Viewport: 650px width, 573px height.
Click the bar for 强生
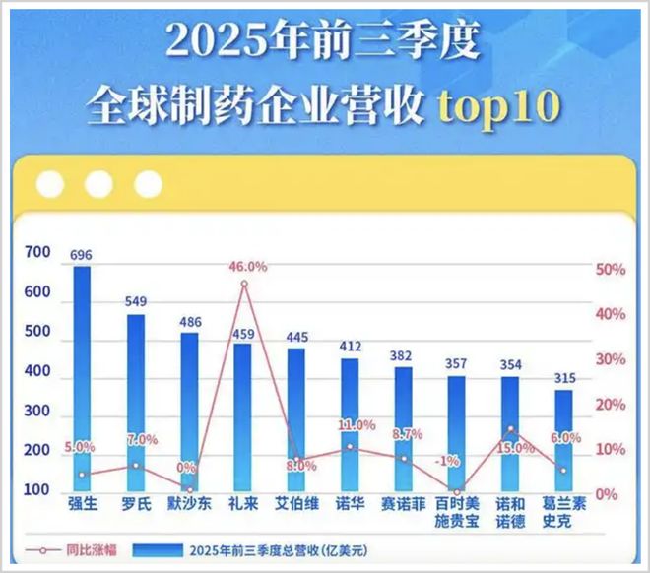pos(82,379)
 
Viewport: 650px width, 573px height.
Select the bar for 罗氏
pos(136,404)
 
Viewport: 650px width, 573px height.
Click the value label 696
pos(82,255)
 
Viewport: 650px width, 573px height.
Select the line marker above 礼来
pos(243,284)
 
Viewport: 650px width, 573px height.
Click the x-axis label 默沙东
pos(190,504)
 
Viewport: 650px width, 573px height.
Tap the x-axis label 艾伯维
pos(296,504)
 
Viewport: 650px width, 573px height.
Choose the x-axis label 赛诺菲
pos(403,504)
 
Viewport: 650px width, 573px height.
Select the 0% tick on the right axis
pos(608,493)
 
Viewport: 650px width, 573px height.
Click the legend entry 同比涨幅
pos(74,549)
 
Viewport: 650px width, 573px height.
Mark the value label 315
pos(563,378)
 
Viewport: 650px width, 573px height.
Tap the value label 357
pos(456,364)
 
